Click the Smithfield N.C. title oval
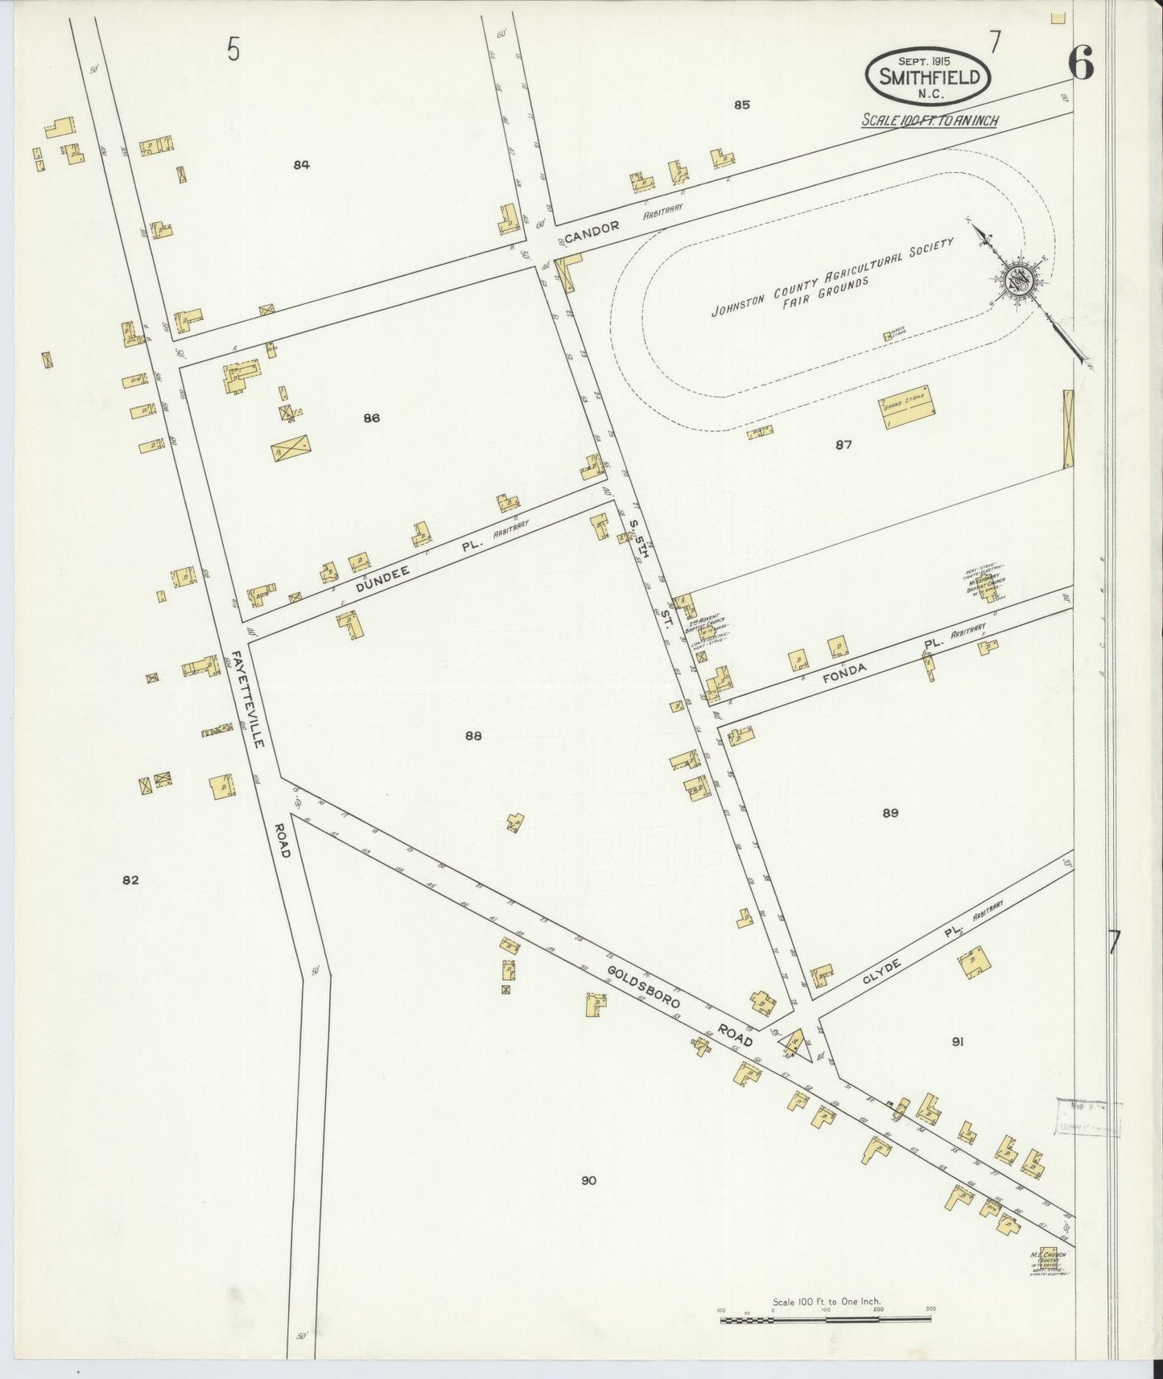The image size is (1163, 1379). click(x=929, y=76)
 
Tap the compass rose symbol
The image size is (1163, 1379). click(x=1017, y=281)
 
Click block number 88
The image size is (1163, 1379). click(x=473, y=735)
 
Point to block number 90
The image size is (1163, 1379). click(x=588, y=1180)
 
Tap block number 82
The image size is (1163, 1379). click(x=130, y=880)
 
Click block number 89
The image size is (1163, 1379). click(x=889, y=813)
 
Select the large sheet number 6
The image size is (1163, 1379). click(x=1081, y=63)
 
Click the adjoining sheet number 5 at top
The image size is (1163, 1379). click(x=233, y=50)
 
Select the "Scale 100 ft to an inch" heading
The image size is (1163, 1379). click(x=930, y=121)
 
